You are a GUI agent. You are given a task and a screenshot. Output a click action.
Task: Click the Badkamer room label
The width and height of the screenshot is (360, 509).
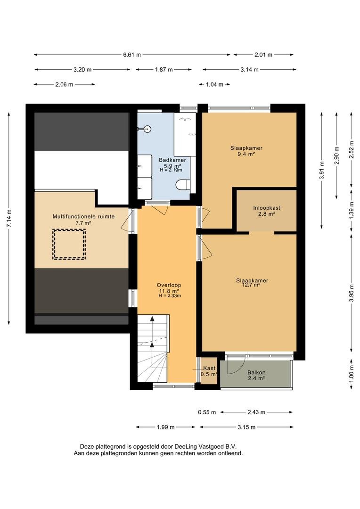coord(172,160)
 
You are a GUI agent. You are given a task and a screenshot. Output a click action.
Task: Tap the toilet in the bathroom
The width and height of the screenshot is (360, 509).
coord(183,185)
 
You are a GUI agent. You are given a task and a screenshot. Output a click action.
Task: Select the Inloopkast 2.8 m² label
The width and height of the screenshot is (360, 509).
coord(267,211)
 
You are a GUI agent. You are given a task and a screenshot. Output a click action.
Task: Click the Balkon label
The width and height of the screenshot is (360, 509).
coord(256,372)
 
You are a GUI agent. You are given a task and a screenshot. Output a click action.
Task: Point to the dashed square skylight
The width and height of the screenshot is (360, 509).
coord(69,244)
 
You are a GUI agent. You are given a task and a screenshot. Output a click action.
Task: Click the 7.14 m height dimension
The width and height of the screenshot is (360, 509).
coord(9,219)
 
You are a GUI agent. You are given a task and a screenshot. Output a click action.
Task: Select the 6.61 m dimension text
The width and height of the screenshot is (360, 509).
coord(132,55)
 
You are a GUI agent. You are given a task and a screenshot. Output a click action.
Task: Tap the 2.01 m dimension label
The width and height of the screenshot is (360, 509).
coord(263,55)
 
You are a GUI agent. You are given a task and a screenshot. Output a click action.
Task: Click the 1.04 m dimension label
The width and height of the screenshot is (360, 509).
coord(214,85)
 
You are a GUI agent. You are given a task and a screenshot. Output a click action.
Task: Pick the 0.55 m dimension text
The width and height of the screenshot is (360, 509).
coord(207,412)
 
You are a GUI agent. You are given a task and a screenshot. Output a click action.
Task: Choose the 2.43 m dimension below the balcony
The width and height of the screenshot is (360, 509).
coord(256,412)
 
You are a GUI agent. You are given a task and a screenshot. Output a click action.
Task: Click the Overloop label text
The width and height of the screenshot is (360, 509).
coord(169,285)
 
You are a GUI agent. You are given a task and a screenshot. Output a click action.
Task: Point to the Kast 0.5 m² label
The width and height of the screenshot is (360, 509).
coord(209,371)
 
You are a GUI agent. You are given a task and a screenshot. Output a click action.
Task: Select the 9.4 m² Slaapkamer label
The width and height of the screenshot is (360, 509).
coord(246,151)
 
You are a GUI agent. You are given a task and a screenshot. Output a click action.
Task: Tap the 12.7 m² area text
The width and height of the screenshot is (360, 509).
coord(252,285)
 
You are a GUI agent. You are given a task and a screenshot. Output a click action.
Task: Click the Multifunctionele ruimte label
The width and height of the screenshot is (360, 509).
coord(83,216)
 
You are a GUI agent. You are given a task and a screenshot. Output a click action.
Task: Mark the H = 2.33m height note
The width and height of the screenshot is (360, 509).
coord(170,296)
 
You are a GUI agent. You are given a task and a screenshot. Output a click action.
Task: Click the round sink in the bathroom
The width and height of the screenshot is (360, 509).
coord(147,129)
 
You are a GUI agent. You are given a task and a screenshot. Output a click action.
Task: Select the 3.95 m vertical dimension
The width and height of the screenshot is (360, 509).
coord(351,293)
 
